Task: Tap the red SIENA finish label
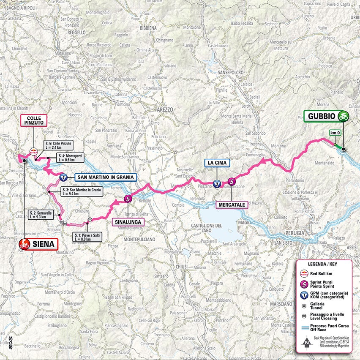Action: pos(37,244)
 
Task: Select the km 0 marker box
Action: pos(334,133)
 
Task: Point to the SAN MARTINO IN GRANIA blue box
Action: pos(105,177)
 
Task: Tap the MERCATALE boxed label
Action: pos(232,205)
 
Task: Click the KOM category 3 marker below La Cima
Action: pos(217,184)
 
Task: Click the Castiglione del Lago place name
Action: pos(210,227)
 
